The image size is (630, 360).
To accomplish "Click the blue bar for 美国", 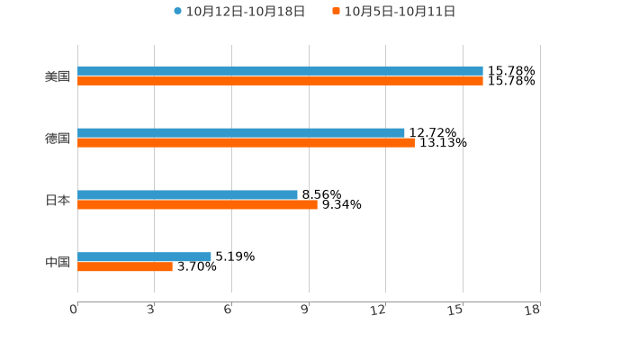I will [280, 71].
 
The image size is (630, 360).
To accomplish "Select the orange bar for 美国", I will [280, 81].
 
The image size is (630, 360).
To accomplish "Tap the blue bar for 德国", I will [241, 133].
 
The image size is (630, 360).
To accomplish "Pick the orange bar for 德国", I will [246, 142].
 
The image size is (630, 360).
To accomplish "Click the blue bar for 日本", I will [187, 194].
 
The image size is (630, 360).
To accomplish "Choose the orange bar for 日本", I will [197, 204].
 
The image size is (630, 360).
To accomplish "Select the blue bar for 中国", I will [144, 256].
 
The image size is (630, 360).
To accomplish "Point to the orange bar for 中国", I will [125, 266].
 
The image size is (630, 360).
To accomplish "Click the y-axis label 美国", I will [58, 76].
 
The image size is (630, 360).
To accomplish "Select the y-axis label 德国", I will [58, 139].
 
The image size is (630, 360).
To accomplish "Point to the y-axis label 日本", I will [58, 200].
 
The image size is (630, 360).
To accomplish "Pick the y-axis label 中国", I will [58, 262].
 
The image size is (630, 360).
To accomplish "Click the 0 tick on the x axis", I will [75, 310].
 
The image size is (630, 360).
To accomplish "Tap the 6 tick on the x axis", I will [229, 310].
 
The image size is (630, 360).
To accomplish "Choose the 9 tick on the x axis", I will [306, 310].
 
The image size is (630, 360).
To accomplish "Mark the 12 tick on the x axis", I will [379, 310].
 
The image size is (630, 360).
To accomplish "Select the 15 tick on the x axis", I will [456, 310].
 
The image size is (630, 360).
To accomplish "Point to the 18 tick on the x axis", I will [533, 310].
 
